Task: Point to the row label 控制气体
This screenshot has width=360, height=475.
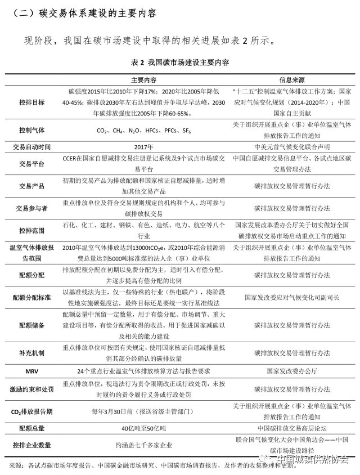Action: [32, 129]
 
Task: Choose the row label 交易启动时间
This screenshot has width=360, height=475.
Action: [32, 147]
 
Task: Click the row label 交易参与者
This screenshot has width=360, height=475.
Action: [32, 208]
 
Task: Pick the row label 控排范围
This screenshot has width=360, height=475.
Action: [32, 230]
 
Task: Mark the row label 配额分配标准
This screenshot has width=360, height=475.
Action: [32, 296]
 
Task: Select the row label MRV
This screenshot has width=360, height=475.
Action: [32, 371]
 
